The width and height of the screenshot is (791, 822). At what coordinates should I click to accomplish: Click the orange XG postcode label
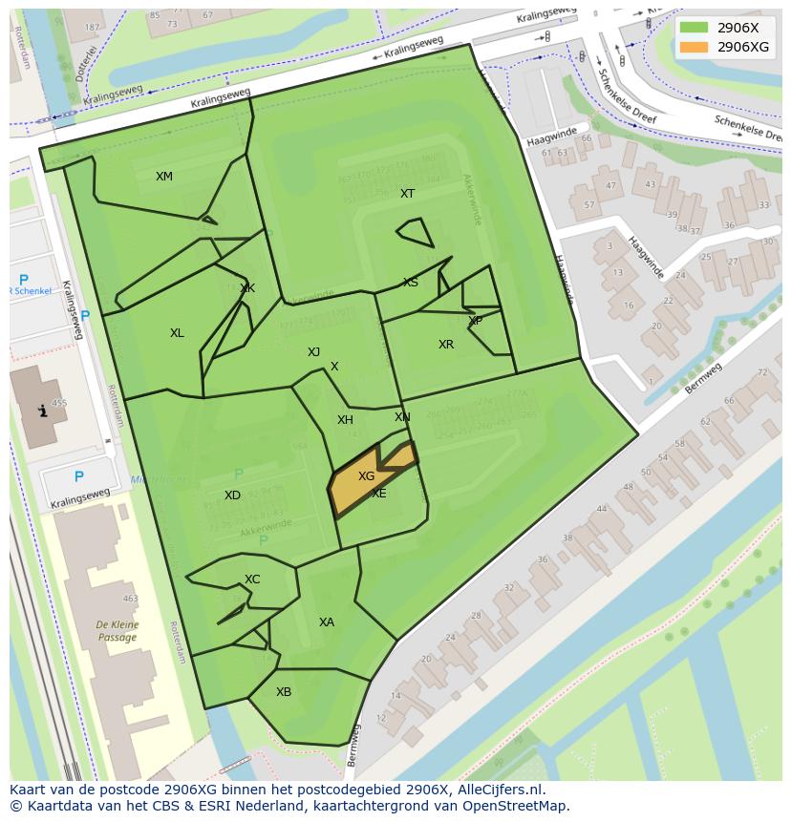tap(366, 475)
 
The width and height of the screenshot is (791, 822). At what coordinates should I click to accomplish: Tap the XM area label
tap(164, 176)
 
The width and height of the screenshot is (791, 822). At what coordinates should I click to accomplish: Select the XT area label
tap(408, 193)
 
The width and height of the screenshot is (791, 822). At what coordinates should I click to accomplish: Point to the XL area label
tap(177, 332)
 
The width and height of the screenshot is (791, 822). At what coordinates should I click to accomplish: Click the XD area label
tap(232, 495)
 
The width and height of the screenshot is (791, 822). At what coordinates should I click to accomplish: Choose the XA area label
tap(327, 622)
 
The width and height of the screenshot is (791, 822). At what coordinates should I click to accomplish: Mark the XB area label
tap(284, 691)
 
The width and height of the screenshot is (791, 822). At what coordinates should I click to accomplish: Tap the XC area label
tap(252, 579)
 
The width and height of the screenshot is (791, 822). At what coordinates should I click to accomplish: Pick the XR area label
tap(446, 344)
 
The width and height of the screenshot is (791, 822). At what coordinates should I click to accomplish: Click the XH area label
tap(345, 419)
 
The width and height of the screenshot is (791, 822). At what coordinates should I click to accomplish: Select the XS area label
tap(411, 282)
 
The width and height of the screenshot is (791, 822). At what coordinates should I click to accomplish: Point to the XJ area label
tap(313, 351)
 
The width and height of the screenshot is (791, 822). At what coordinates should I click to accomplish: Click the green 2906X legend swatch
tap(695, 28)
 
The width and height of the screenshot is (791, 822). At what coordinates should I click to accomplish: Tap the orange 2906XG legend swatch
tap(695, 47)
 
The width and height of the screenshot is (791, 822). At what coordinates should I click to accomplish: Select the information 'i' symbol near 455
tap(41, 411)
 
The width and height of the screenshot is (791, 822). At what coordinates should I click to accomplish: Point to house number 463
tap(130, 599)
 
